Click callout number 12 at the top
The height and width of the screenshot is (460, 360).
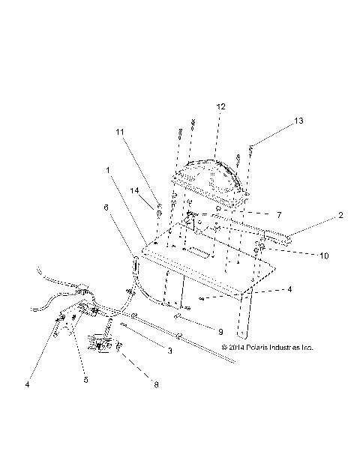tap(220, 107)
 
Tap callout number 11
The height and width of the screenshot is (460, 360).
tap(120, 132)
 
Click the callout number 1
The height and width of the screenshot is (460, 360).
tap(109, 170)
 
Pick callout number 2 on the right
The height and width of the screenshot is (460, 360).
tap(340, 215)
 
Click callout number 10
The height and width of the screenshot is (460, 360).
tap(323, 255)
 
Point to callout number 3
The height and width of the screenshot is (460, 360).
tap(170, 351)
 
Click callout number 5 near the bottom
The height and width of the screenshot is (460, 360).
tap(86, 380)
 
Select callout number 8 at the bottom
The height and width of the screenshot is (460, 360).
tap(155, 386)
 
